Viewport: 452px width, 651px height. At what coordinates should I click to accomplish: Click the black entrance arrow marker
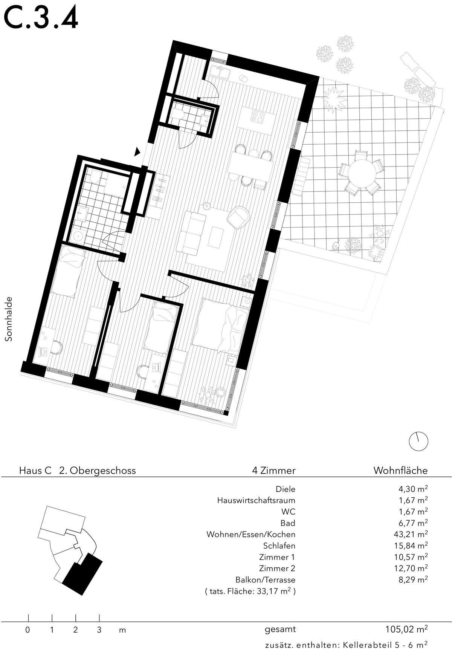(137, 151)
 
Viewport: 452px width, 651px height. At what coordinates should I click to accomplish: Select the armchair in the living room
(239, 217)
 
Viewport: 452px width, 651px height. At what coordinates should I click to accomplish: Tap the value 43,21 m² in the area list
(413, 534)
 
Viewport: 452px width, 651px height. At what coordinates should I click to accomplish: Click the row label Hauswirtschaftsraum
(256, 500)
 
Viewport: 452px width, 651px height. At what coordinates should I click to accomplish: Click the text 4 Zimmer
(274, 470)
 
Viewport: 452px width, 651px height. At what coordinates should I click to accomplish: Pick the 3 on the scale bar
(99, 630)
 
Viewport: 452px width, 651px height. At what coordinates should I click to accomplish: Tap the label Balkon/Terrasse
(265, 579)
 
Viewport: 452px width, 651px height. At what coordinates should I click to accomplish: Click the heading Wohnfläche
(400, 470)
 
